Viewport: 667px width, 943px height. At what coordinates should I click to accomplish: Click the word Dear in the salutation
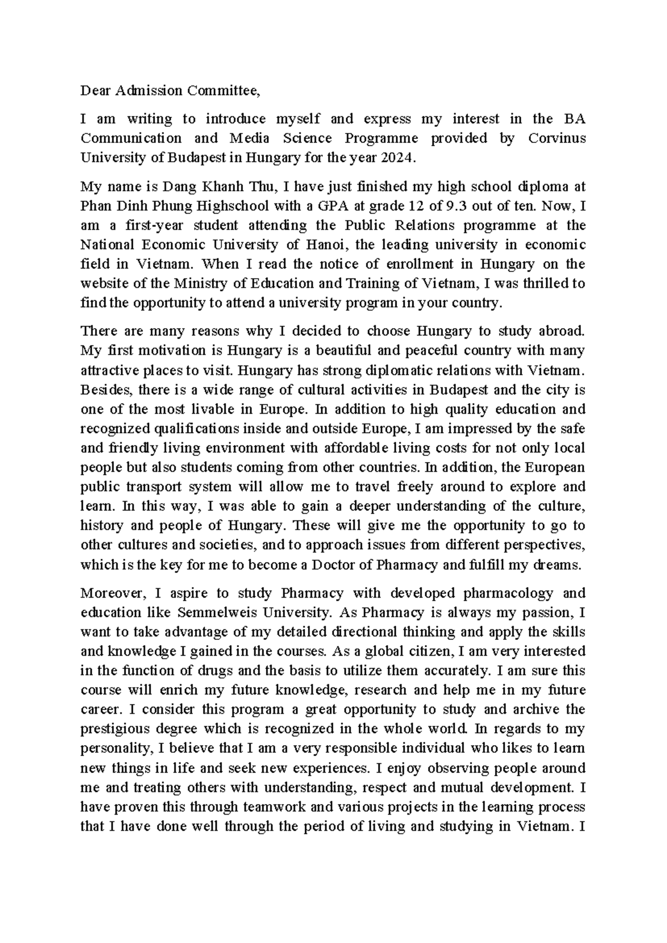[x=94, y=91]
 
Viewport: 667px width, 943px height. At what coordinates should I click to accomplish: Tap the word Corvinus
[x=555, y=138]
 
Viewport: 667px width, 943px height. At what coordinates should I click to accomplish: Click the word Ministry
[x=200, y=284]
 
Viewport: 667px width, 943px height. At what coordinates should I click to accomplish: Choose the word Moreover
[x=113, y=593]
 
